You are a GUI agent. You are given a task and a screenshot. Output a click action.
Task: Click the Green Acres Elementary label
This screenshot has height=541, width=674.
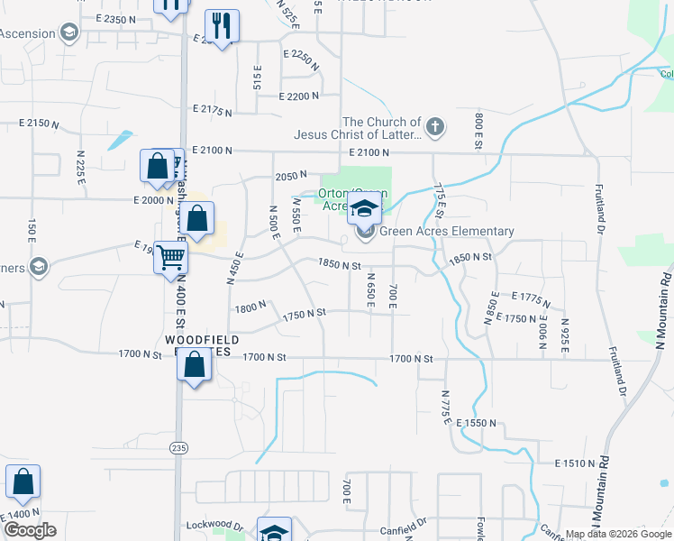[x=446, y=232]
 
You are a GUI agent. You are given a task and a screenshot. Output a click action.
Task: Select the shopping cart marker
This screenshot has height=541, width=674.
[x=169, y=258]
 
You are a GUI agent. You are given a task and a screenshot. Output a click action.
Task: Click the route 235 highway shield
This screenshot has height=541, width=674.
[x=179, y=446]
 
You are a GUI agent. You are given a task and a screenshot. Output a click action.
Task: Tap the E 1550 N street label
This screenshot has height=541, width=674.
[x=477, y=423]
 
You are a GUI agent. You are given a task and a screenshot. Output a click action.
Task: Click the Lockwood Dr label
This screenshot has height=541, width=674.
[x=214, y=524]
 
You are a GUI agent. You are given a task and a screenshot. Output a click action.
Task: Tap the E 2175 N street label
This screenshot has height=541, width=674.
[x=212, y=110]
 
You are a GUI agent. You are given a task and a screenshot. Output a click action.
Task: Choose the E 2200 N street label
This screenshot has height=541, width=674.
[x=299, y=96]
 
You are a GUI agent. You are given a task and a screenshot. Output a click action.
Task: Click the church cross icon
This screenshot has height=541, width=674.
[x=435, y=125]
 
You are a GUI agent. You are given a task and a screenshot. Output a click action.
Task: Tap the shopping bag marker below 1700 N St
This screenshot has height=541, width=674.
[x=195, y=364]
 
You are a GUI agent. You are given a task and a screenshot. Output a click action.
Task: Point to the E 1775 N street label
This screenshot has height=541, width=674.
[x=537, y=296]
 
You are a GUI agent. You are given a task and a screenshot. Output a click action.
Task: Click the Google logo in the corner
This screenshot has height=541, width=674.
[x=30, y=530]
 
